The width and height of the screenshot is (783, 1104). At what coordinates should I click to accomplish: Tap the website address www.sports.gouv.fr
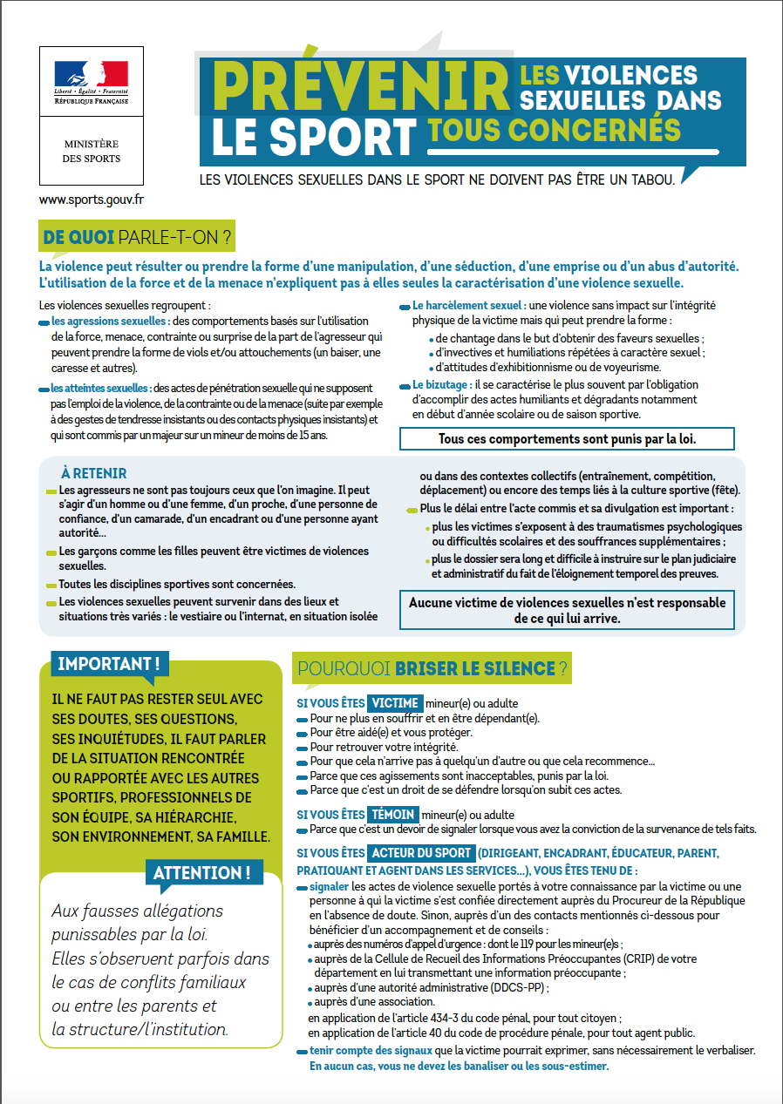(x=91, y=199)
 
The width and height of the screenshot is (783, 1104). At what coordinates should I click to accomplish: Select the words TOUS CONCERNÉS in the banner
(x=554, y=130)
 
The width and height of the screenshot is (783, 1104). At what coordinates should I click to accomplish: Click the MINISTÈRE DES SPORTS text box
(x=91, y=151)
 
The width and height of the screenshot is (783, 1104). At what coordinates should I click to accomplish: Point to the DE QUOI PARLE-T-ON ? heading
(x=137, y=237)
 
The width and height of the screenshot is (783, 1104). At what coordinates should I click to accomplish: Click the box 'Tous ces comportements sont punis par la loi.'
(x=567, y=438)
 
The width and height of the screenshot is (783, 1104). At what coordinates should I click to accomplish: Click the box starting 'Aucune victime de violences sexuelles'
(x=567, y=610)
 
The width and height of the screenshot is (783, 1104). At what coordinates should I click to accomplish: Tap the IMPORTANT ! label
(x=109, y=664)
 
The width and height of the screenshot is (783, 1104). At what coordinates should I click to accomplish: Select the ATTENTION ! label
(x=208, y=872)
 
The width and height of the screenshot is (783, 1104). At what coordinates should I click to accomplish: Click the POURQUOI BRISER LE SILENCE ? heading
(x=433, y=669)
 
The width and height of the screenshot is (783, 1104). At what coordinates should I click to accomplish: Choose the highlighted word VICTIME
(x=395, y=703)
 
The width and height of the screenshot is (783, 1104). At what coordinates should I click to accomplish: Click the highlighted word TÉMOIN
(x=391, y=815)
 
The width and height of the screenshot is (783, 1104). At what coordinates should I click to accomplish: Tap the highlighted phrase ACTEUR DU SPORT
(x=420, y=853)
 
